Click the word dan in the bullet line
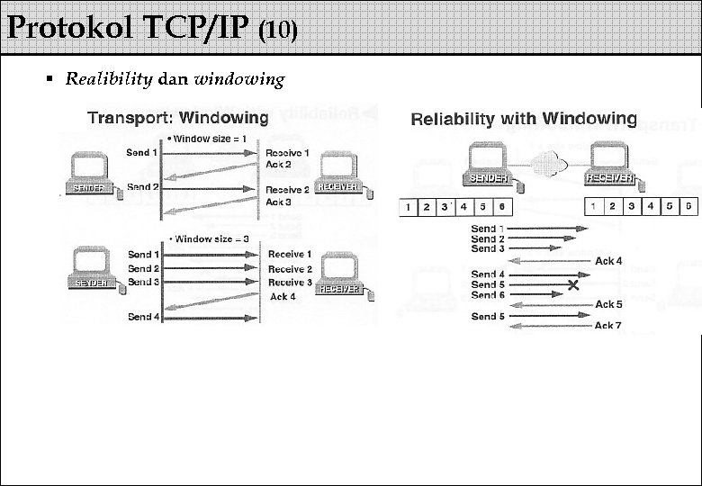point(173,80)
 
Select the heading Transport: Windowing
point(177,118)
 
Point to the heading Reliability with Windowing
point(524,119)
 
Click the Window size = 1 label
point(208,139)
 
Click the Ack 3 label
point(280,202)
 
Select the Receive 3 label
point(290,283)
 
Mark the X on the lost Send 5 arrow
point(572,285)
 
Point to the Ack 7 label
point(608,325)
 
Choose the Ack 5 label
point(608,304)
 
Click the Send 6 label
point(489,295)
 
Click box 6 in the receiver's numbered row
point(687,206)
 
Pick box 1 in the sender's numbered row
point(409,207)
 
